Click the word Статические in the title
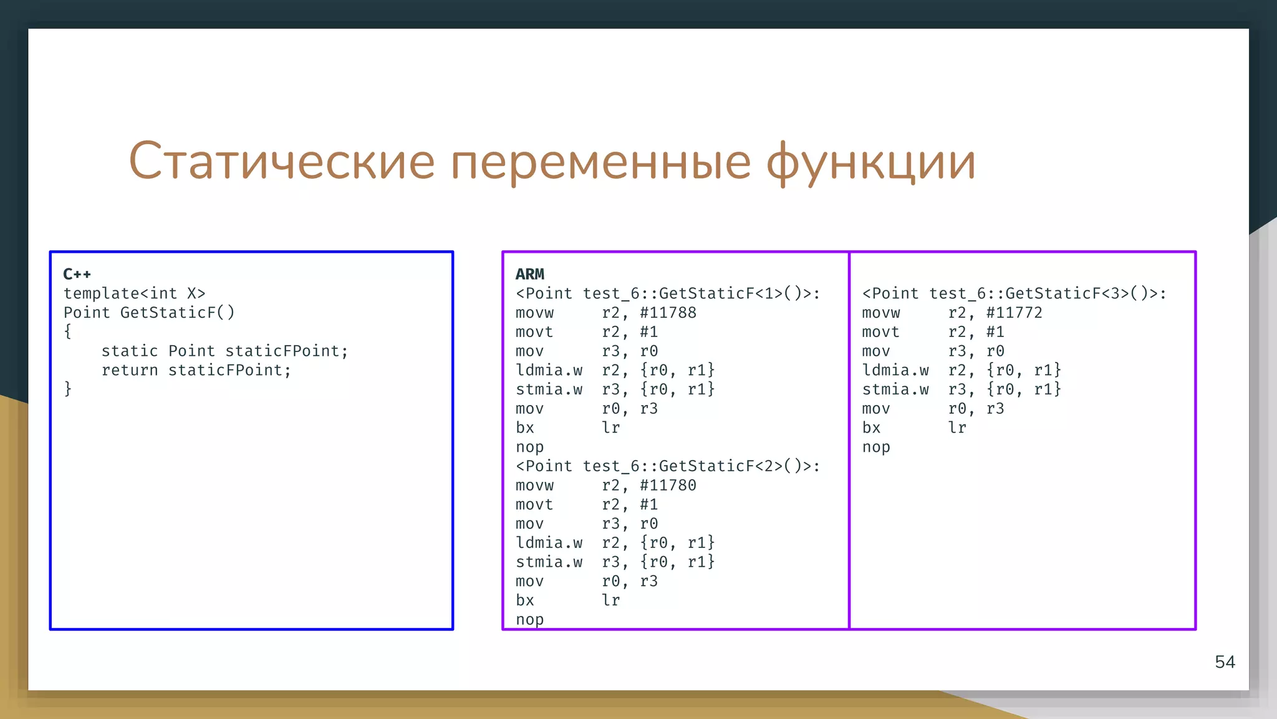(x=281, y=161)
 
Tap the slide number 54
(x=1225, y=662)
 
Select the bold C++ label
(x=77, y=274)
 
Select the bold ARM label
(x=529, y=274)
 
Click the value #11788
(x=668, y=313)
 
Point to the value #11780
(x=668, y=485)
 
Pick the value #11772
(x=1014, y=313)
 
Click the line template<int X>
(x=134, y=293)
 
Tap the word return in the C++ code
(x=130, y=370)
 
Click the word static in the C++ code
(x=130, y=351)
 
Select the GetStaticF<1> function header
(x=668, y=293)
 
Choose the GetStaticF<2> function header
(x=668, y=466)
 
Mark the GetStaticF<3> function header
(x=1014, y=293)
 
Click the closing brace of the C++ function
(x=68, y=389)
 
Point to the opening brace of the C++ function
(x=68, y=332)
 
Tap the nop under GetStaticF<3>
(x=876, y=447)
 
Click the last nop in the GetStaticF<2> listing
(x=529, y=620)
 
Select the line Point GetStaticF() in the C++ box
(x=149, y=313)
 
